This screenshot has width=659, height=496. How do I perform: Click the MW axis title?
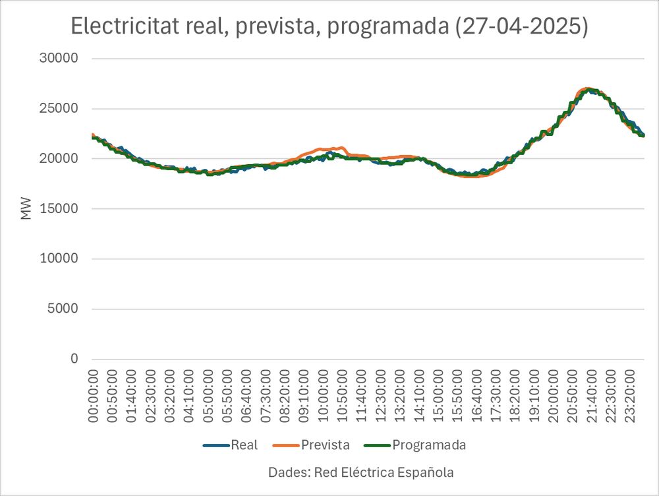click(26, 208)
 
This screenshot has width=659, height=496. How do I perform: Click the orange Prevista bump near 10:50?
click(341, 148)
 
